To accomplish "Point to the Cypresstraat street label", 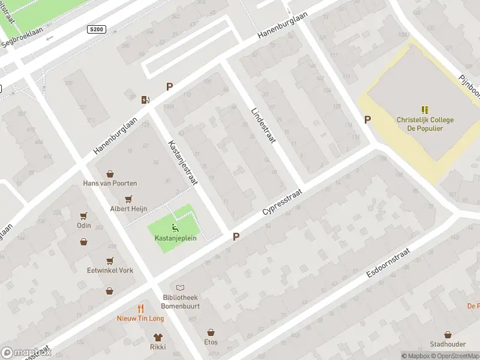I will pos(281,205).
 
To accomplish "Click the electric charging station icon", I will pos(145,100).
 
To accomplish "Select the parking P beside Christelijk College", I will pos(367,119).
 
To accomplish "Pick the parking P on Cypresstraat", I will pos(236,237).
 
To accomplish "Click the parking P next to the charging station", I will pos(169,87).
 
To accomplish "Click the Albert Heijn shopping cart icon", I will pos(128,199).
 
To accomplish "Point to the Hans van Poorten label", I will pos(110,183).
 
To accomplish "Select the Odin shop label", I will pos(84,226).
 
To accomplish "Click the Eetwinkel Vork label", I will pos(110,271).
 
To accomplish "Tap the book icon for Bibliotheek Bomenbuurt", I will pos(180,288).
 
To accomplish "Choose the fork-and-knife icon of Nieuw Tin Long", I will pos(140,309).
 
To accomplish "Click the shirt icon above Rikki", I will pos(158,337).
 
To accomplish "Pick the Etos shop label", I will pos(211,343).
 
